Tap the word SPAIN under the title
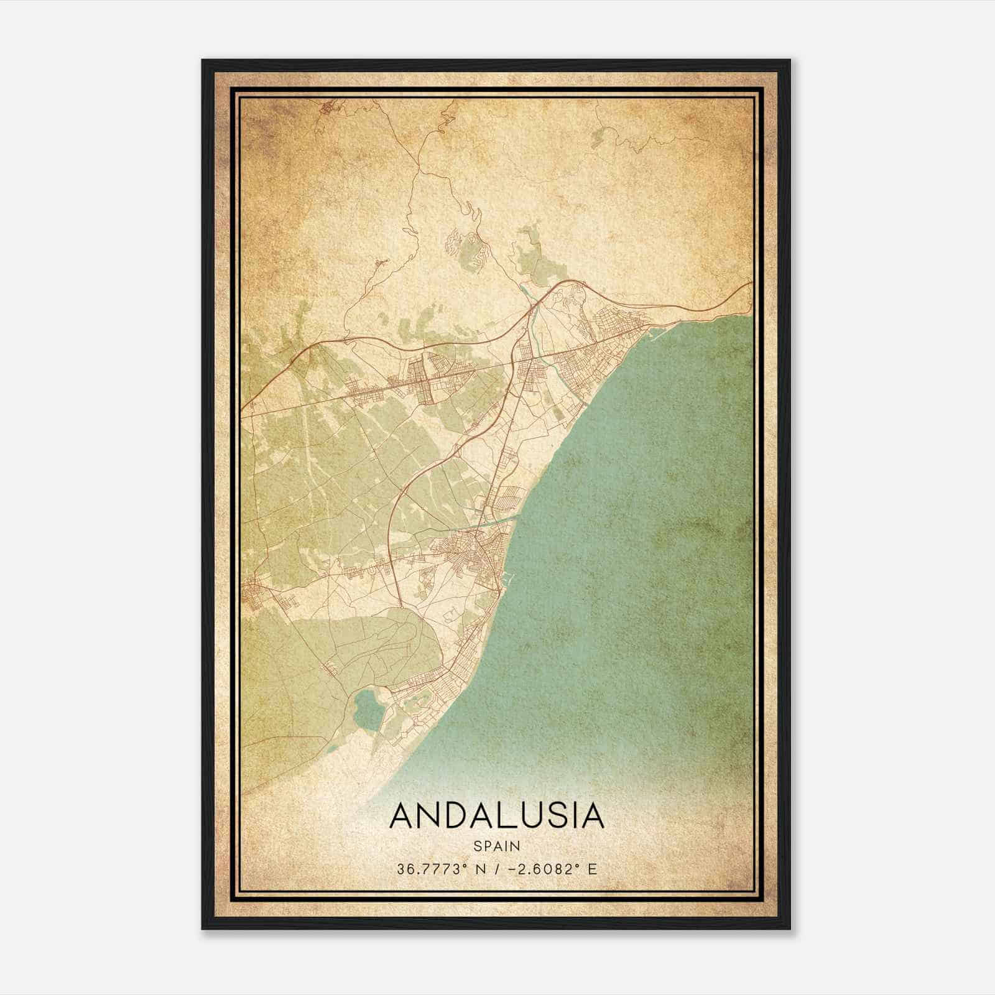coord(496,846)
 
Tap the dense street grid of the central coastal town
coord(470,550)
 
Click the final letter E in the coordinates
coord(592,869)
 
